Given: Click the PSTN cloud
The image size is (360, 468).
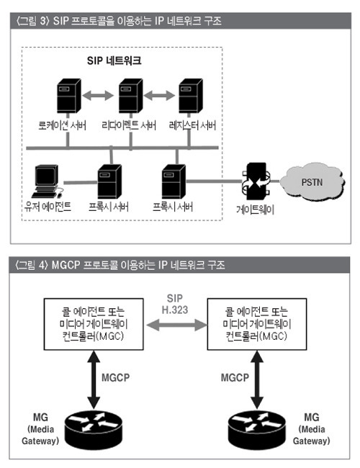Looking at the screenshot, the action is coord(312,181).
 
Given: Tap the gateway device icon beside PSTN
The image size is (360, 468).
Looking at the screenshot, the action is coord(256,181).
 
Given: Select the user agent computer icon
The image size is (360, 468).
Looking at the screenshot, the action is coord(47,181).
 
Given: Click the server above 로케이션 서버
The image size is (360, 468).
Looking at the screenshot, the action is coord(68,96).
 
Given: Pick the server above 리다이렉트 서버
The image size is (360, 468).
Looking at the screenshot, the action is coord(130,96).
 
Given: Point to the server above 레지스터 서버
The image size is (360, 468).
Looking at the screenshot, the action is coord(191,96).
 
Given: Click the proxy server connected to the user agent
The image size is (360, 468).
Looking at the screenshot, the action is coord(109,181).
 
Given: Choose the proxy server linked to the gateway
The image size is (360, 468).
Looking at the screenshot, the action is coord(174,181).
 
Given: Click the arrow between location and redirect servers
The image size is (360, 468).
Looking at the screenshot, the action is coord(98,96).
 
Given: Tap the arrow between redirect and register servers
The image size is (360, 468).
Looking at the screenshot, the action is coord(159,96).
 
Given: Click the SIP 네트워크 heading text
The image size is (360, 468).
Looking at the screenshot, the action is coord(114,60).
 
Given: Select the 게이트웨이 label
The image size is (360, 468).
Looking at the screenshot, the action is coord(255,210).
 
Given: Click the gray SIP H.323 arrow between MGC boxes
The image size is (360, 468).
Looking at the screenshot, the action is coord(176,325).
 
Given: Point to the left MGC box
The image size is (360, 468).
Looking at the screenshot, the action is coord(94,324).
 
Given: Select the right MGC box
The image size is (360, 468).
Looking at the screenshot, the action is coord(257,324).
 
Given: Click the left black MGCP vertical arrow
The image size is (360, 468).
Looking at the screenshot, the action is coord(94,379).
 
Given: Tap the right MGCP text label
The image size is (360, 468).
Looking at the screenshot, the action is coord(235,377).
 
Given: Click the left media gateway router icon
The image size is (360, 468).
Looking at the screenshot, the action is coord(94,431).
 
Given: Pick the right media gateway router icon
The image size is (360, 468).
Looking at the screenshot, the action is coord(257,431).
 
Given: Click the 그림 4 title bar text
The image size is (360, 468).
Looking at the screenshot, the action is coord(120,265).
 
